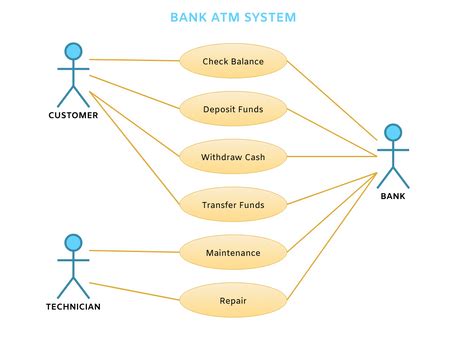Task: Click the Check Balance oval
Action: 233,61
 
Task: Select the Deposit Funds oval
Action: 233,108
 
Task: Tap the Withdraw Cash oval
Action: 233,156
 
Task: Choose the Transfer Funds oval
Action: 233,204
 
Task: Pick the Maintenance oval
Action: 233,252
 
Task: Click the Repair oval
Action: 233,298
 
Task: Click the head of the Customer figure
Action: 72,51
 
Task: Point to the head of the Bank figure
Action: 393,132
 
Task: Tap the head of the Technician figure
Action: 72,242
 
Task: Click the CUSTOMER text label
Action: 73,115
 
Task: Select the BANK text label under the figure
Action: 393,196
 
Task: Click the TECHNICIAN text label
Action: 73,306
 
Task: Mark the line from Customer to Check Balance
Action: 135,60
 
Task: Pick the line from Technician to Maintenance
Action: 135,251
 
